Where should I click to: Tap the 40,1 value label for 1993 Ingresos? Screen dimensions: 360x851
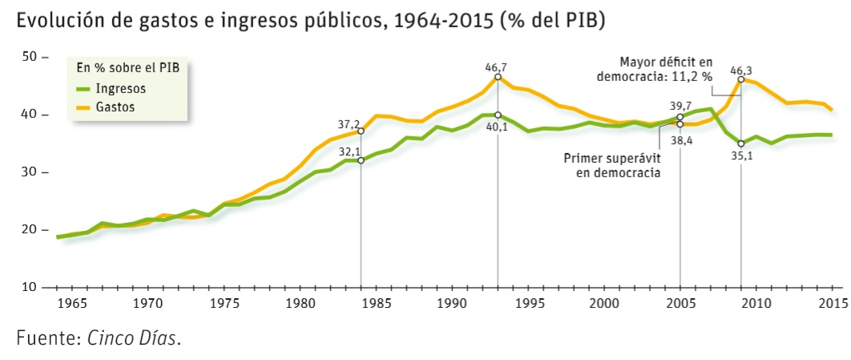pos(498,127)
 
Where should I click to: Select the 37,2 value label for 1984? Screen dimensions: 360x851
pos(349,124)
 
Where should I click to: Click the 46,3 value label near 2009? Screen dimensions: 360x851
pos(741,71)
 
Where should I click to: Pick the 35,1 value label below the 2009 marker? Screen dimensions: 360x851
pos(741,156)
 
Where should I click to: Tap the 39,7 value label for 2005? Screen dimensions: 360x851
pos(680,106)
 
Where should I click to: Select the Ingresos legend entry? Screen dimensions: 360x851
pos(120,88)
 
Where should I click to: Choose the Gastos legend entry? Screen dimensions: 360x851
pos(116,106)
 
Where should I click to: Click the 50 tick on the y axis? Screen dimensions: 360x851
pos(30,57)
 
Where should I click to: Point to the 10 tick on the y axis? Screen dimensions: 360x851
pos(30,287)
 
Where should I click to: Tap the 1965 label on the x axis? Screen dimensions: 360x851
pos(71,304)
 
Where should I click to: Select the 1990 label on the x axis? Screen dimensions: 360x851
pos(453,304)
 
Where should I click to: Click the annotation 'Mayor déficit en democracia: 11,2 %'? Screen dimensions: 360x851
pos(655,70)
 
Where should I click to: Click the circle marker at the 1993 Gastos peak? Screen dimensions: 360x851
pos(498,77)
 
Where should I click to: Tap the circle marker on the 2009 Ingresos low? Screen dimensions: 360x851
pos(741,144)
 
